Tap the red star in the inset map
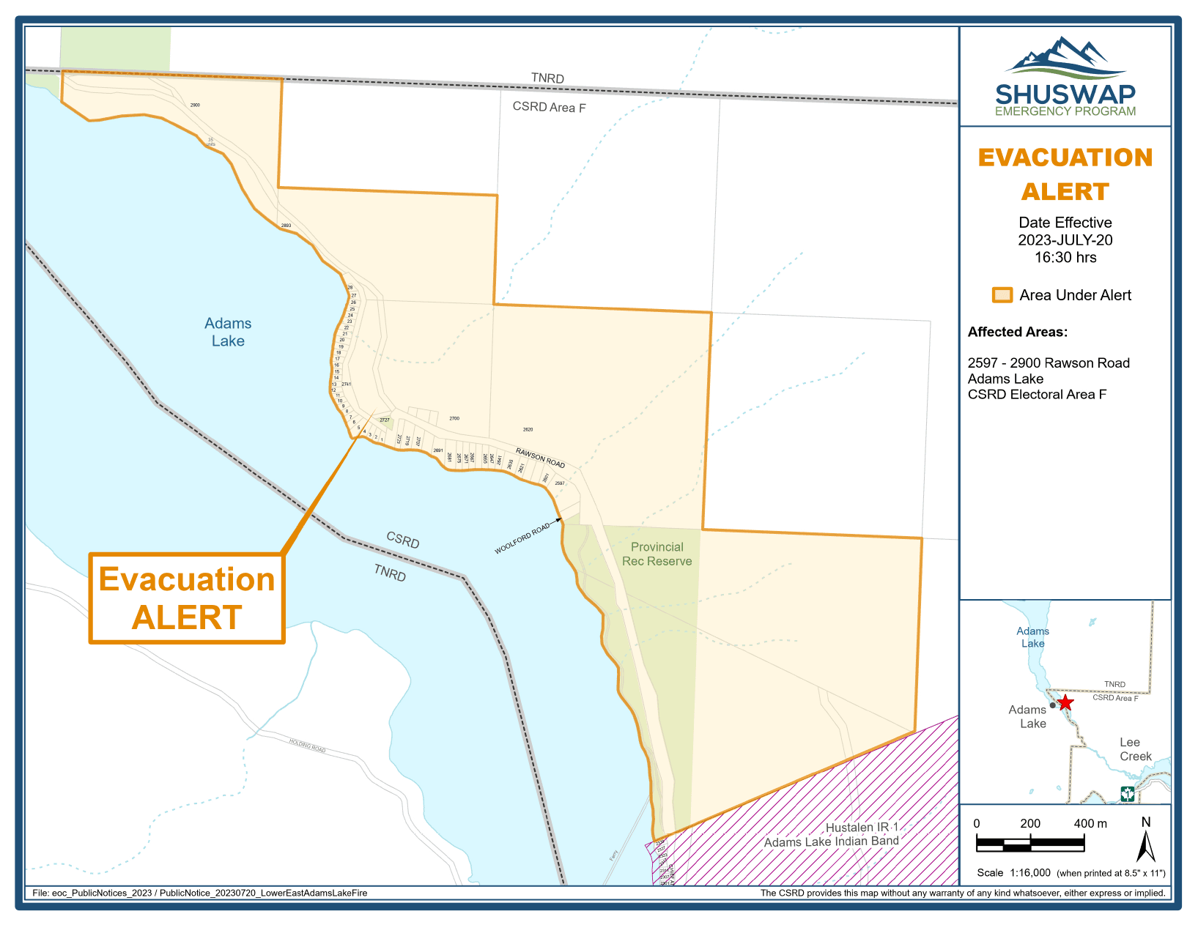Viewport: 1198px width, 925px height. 1065,703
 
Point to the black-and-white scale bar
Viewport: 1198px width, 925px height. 1029,844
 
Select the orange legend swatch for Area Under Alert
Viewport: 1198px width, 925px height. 1002,295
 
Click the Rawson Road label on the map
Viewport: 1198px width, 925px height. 540,458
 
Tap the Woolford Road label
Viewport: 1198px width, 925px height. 522,539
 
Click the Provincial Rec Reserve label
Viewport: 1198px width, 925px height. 657,554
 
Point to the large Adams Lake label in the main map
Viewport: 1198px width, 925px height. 228,332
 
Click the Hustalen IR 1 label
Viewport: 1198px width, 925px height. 862,827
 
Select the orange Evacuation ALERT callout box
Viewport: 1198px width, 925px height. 187,598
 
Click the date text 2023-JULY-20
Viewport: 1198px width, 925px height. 1065,240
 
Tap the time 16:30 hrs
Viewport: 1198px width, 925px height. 1065,257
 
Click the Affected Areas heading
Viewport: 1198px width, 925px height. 1017,332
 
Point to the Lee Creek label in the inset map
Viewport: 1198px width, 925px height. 1134,749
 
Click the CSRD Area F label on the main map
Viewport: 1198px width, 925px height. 549,107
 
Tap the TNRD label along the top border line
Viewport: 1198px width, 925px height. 547,78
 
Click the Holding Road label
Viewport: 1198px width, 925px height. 307,746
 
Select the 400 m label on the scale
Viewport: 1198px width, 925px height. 1090,823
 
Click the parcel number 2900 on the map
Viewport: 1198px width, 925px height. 195,105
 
